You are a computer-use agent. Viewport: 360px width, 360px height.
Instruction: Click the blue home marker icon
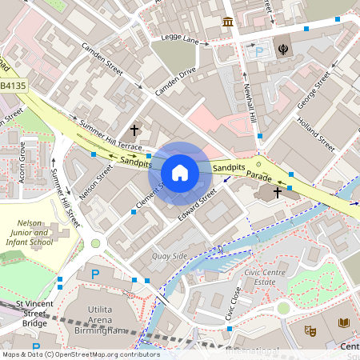point(180,172)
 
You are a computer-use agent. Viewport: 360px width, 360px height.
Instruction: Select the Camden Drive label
point(175,82)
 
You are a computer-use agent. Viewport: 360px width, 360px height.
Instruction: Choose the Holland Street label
point(316,134)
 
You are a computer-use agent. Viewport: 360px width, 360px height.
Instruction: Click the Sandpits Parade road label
point(243,170)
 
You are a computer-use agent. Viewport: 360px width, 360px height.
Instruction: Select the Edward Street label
point(197,204)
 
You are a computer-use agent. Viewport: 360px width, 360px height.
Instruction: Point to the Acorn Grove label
point(22,162)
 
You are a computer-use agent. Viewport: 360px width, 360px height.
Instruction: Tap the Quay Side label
point(169,256)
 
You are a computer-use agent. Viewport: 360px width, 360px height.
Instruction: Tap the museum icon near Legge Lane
point(228,21)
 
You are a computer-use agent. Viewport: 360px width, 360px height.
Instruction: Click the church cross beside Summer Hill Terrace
point(134,130)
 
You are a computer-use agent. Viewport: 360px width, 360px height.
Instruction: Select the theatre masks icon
point(310,330)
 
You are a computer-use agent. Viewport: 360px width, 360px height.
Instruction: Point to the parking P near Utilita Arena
point(95,274)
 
